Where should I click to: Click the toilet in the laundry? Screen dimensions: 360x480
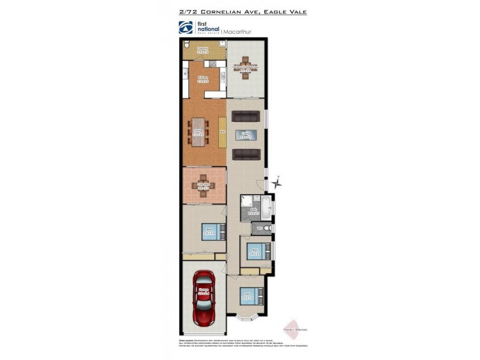point(187,44)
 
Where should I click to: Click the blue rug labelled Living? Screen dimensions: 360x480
point(245,135)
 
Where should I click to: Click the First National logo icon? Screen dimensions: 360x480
point(185,28)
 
